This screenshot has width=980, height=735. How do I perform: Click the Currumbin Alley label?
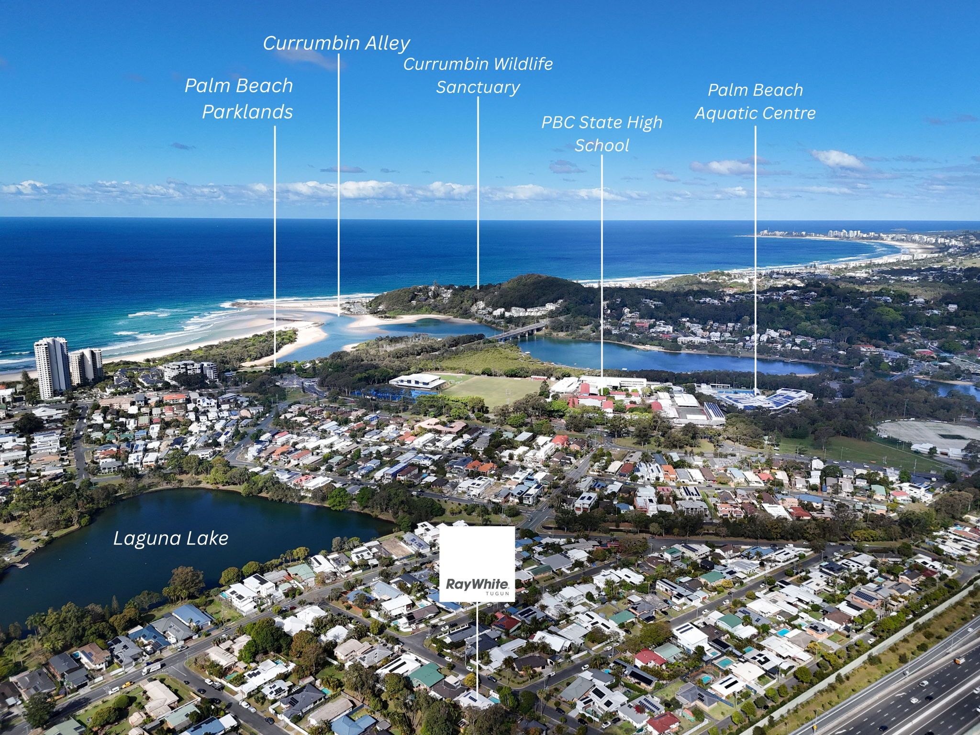(x=336, y=43)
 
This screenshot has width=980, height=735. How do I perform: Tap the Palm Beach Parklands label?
(x=239, y=99)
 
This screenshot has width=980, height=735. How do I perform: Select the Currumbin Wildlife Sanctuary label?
(x=478, y=76)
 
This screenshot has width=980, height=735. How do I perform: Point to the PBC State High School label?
(x=601, y=134)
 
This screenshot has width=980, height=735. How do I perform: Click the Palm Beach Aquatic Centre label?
(x=755, y=101)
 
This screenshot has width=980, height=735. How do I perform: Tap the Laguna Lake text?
(x=171, y=539)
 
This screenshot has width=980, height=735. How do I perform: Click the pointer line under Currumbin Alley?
(x=339, y=185)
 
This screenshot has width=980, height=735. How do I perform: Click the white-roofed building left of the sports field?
(x=415, y=381)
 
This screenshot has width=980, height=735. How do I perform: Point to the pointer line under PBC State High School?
(x=602, y=266)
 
